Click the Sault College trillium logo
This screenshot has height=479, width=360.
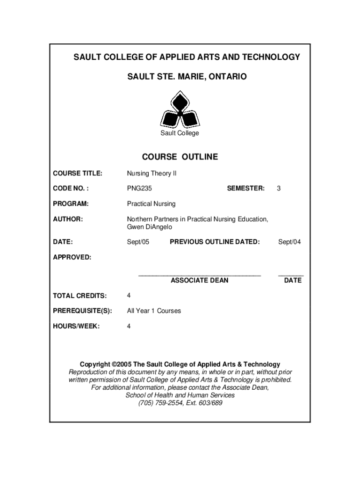(x=180, y=110)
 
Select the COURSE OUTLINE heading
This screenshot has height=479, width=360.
(x=180, y=157)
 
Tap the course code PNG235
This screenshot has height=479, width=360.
(x=139, y=188)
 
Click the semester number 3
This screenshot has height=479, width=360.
(x=279, y=188)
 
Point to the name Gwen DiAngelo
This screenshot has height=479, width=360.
(x=150, y=227)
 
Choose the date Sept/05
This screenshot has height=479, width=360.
(x=138, y=242)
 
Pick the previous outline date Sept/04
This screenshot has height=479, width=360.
(x=289, y=242)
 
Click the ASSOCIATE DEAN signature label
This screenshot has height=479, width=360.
(x=200, y=280)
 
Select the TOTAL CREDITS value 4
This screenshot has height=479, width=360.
(x=129, y=295)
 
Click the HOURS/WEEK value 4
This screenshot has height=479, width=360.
(x=129, y=326)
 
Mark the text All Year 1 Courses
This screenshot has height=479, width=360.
(x=154, y=311)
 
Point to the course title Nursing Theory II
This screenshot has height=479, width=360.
(x=152, y=173)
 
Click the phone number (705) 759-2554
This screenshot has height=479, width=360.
(x=162, y=403)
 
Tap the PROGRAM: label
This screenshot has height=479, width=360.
(x=71, y=203)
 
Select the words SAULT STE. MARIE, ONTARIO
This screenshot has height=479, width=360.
(x=180, y=76)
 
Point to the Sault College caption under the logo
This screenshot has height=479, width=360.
(x=180, y=133)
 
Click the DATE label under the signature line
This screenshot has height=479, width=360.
(x=293, y=280)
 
